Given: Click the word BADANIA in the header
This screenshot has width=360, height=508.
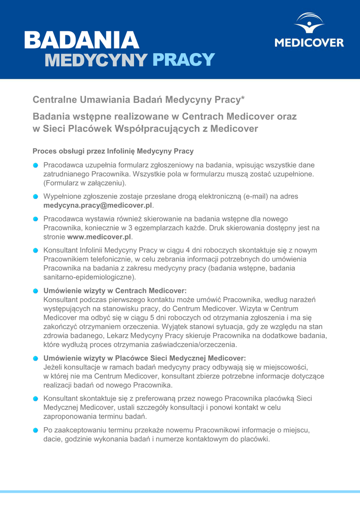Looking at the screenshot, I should (81, 40).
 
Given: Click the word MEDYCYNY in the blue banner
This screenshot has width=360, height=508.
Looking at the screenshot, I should (96, 60).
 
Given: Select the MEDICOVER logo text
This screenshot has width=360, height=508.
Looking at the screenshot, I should (309, 43).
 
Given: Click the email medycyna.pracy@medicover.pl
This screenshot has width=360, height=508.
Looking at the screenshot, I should (98, 205).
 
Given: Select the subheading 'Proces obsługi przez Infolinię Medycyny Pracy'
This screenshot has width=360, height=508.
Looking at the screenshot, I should (113, 151).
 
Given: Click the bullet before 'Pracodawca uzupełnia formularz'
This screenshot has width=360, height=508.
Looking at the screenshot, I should (36, 165).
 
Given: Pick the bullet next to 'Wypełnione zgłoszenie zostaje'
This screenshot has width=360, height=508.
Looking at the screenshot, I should (36, 197).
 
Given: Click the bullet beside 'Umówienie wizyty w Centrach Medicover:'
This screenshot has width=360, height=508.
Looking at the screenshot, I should (36, 291).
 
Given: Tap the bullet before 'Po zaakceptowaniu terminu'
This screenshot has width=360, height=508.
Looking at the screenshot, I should (36, 430).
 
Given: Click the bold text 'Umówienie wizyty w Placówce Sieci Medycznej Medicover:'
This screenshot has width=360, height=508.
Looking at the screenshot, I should (145, 358).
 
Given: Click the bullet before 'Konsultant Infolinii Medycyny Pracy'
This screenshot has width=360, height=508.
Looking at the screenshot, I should (36, 251).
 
